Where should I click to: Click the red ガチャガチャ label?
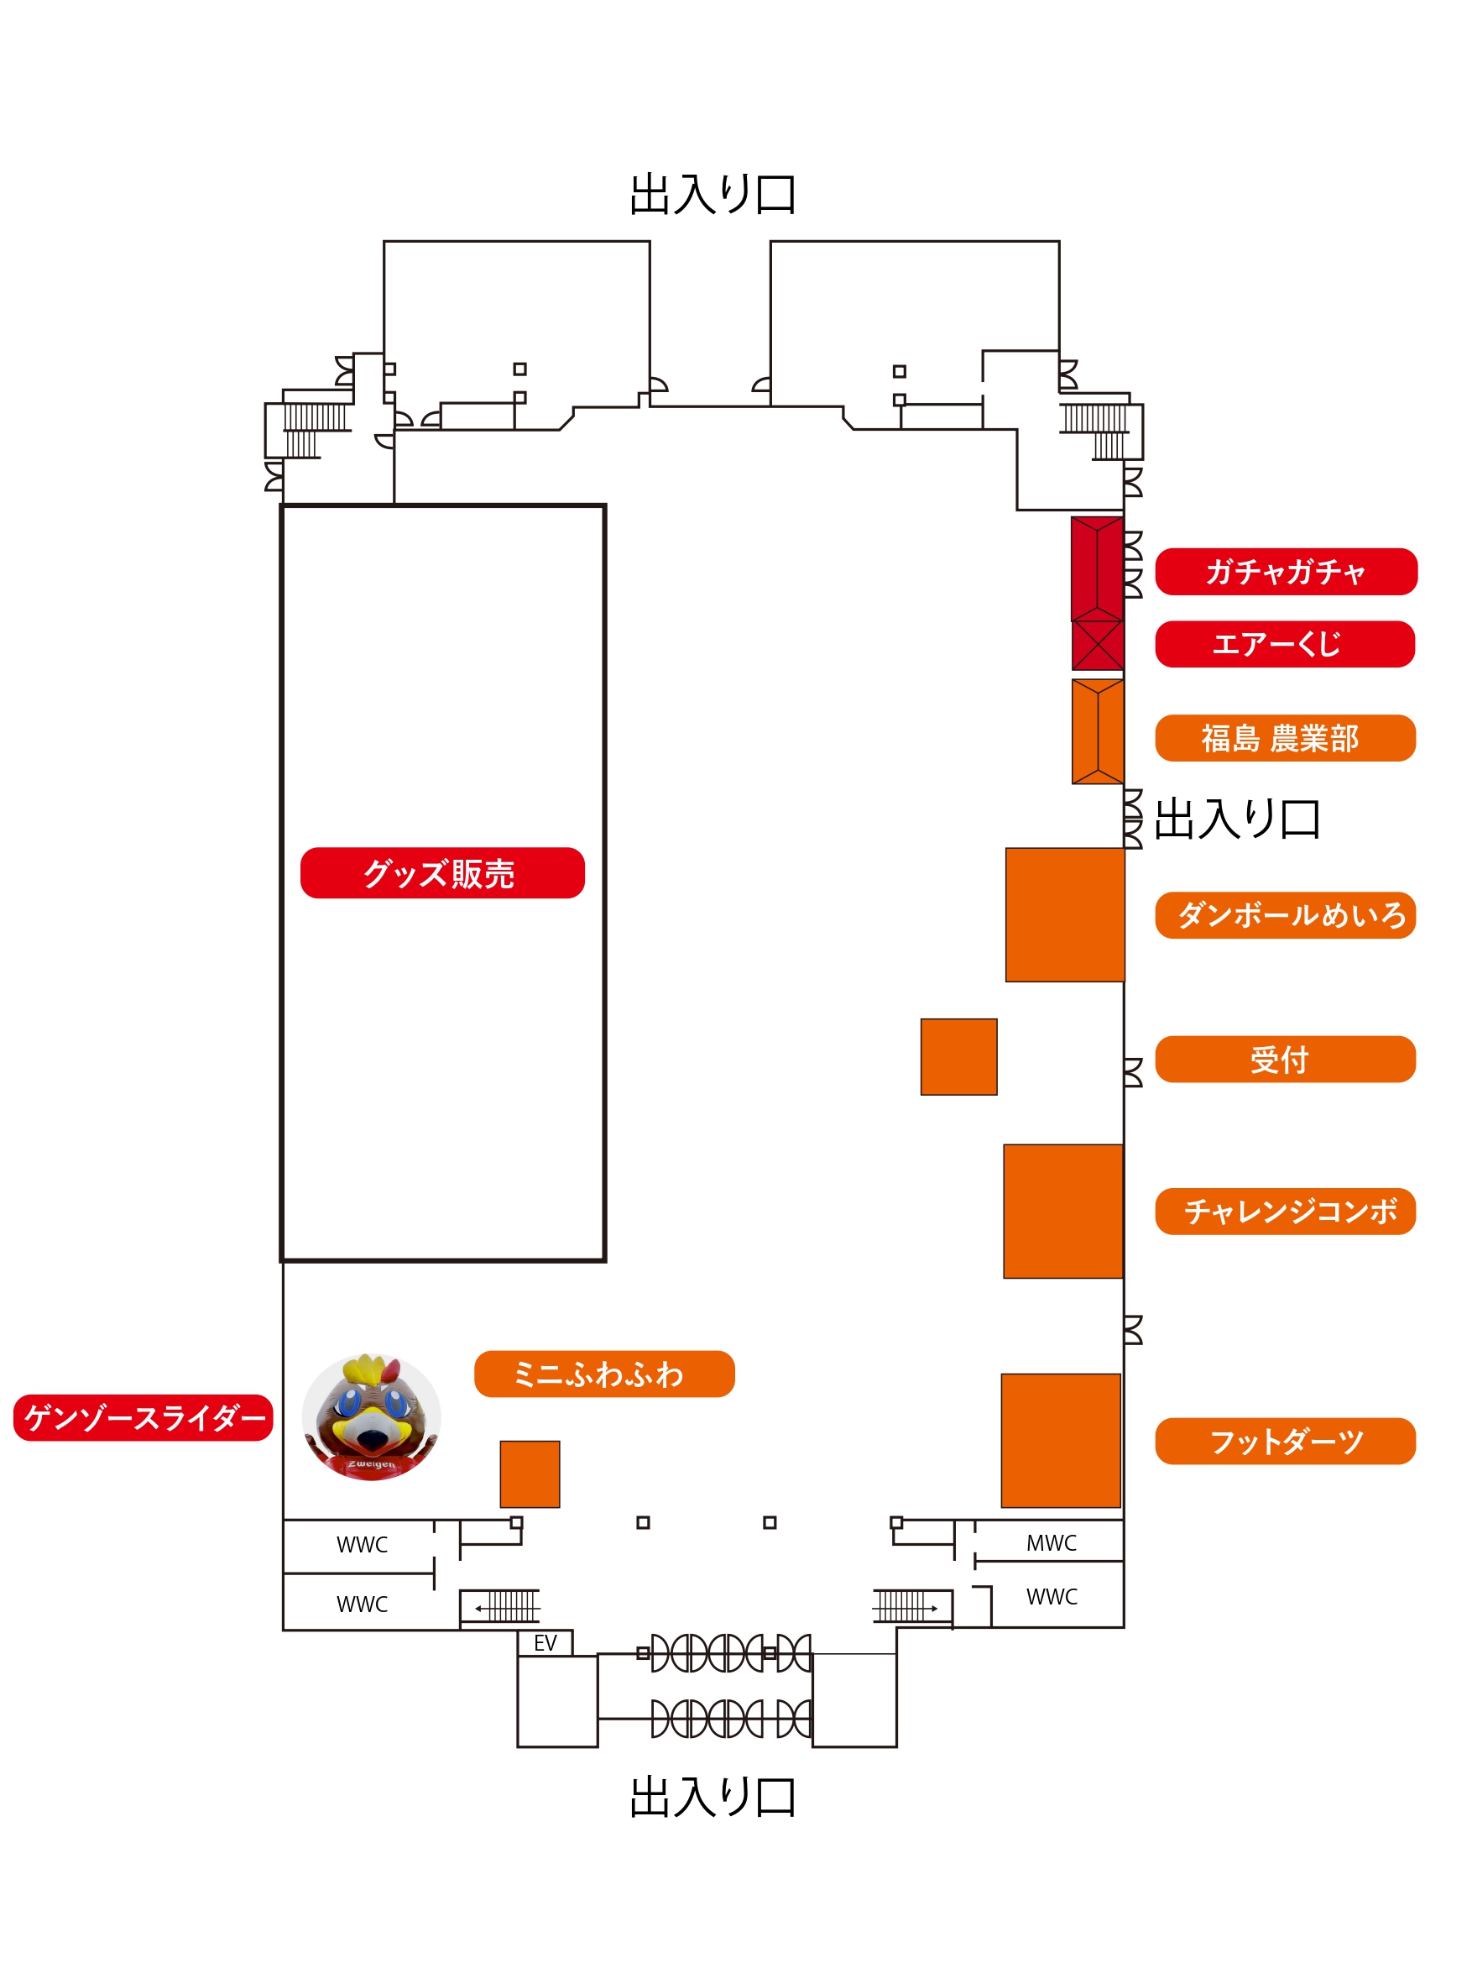click(1286, 571)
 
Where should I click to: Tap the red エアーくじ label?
click(1285, 643)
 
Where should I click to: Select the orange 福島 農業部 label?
click(1285, 738)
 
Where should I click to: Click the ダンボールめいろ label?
click(1285, 915)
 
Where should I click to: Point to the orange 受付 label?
click(1285, 1059)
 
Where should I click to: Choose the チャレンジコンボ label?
click(1285, 1212)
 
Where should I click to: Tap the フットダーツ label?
click(1285, 1442)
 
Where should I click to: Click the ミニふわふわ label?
click(604, 1374)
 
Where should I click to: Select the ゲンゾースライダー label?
click(144, 1417)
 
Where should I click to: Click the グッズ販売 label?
click(442, 872)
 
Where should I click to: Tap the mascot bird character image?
click(372, 1417)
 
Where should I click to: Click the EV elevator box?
click(545, 1642)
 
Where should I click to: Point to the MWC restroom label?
click(1052, 1543)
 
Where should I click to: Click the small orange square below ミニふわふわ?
click(530, 1474)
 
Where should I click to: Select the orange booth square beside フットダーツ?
click(1060, 1440)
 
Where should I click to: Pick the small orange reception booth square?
click(958, 1056)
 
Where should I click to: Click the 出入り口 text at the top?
click(713, 194)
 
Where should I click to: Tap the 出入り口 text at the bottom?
click(713, 1797)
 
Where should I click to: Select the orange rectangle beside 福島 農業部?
click(1098, 732)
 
